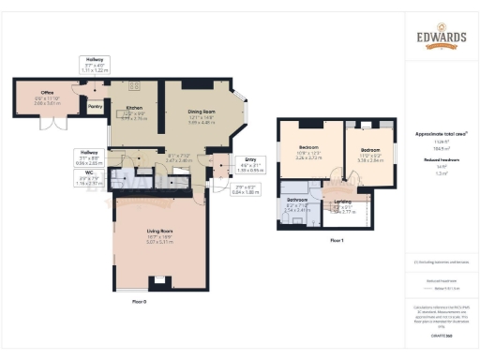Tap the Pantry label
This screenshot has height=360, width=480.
[x=95, y=107]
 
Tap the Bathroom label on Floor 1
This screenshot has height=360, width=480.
[x=297, y=206]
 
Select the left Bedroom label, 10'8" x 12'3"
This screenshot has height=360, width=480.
[x=309, y=148]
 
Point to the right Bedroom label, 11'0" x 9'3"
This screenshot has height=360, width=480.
[x=371, y=148]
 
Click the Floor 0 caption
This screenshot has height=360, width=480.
[x=140, y=301]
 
